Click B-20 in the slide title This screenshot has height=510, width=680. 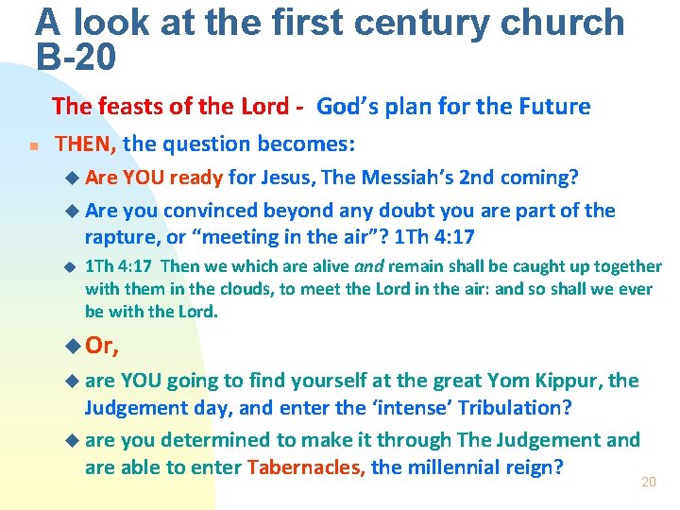click(x=76, y=58)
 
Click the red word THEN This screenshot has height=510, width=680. click(x=85, y=144)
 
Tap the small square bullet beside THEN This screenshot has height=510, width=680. click(x=32, y=147)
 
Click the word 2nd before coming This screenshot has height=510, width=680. click(x=476, y=178)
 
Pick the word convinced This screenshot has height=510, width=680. click(x=201, y=211)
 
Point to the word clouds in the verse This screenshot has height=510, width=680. click(x=212, y=289)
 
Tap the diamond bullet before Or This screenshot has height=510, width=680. click(x=76, y=347)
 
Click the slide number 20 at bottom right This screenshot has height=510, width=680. click(x=648, y=483)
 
